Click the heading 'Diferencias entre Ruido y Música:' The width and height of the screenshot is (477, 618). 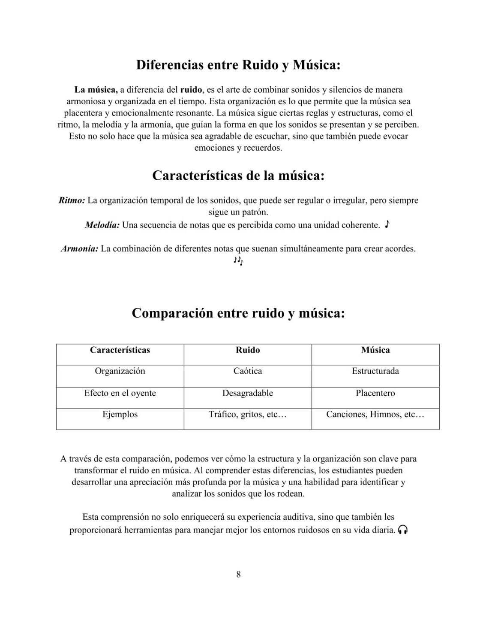[x=238, y=65]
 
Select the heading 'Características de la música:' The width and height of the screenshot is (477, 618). [x=238, y=176]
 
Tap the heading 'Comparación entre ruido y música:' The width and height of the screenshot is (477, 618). [x=238, y=313]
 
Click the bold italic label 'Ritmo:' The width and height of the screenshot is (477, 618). [x=72, y=200]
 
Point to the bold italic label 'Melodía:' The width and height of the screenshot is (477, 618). [x=102, y=225]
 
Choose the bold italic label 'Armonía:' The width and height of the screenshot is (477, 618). [x=80, y=249]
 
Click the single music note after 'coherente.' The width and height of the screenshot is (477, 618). [x=387, y=224]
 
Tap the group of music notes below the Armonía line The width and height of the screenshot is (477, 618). [x=238, y=261]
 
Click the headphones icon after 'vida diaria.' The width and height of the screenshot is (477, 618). [x=402, y=530]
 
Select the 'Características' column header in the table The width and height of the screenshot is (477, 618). [x=120, y=350]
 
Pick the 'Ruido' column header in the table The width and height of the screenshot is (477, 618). [x=248, y=350]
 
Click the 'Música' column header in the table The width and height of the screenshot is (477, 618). [x=375, y=350]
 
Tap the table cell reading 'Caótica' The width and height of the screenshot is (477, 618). [x=248, y=371]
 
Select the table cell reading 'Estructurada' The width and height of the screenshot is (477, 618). [x=375, y=371]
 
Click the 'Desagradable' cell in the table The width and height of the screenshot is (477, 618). [x=248, y=393]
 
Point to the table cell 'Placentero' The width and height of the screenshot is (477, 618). [x=375, y=393]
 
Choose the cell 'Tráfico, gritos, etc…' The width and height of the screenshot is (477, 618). [x=248, y=415]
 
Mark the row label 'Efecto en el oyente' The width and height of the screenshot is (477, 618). [x=120, y=393]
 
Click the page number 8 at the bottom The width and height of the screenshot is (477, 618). [x=238, y=575]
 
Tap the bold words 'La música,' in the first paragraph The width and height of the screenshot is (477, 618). [x=96, y=90]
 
